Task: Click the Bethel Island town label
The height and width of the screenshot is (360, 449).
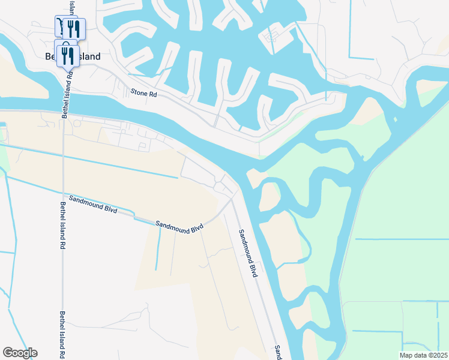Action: tap(73, 56)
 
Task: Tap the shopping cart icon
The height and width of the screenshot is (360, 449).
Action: tap(60, 26)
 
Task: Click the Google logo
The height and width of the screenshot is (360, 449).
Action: tap(20, 353)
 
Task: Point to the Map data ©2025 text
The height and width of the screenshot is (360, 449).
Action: tap(423, 355)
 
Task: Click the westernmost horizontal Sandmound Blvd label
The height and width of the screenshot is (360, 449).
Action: tap(92, 204)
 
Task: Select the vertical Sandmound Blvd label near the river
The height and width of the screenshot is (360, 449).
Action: tap(247, 253)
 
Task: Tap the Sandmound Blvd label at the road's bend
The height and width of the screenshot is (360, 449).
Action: tap(179, 227)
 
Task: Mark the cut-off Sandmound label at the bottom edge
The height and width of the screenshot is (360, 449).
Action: tap(278, 352)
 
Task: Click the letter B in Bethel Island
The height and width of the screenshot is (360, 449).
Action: tap(48, 56)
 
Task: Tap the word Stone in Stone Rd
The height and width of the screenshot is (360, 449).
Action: tap(138, 93)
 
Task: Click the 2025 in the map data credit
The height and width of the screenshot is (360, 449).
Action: tap(439, 355)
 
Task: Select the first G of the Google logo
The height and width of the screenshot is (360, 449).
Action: tap(7, 353)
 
